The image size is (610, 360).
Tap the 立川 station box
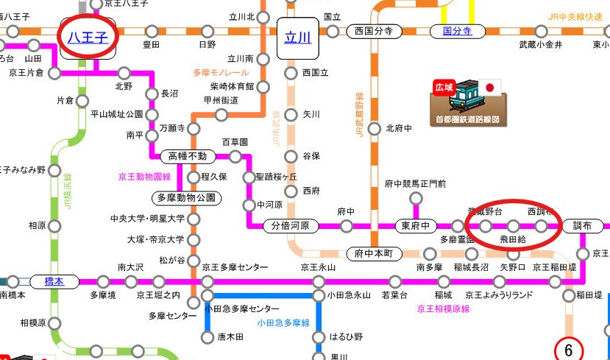point(298,37)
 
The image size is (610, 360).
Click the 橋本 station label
point(54,281)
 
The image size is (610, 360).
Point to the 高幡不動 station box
point(188,156)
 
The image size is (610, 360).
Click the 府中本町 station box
point(375,253)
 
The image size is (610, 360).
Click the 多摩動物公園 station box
point(185,197)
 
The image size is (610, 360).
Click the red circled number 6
point(568,348)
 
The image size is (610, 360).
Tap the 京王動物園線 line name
point(145,177)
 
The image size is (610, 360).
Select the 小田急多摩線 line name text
point(283,322)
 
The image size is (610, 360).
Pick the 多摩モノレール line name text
point(219,72)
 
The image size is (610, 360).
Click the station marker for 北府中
point(375,128)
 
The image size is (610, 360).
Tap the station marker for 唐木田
point(208,337)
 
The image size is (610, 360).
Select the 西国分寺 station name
point(369,32)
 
